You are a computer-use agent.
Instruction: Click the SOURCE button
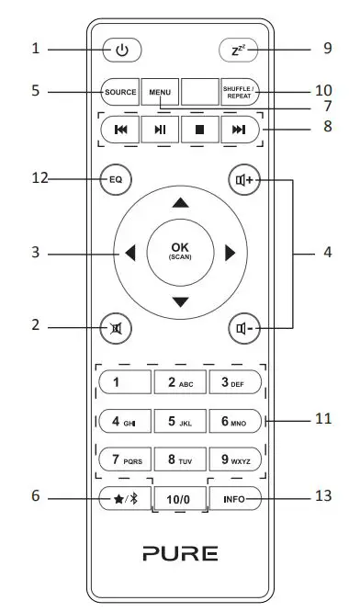tap(119, 92)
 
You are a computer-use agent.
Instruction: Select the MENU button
tap(160, 92)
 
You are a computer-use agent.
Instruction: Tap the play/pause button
tap(160, 130)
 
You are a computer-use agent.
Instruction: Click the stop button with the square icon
tap(199, 130)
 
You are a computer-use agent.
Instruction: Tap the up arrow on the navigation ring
tap(180, 202)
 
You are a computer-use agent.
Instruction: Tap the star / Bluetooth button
tap(119, 499)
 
